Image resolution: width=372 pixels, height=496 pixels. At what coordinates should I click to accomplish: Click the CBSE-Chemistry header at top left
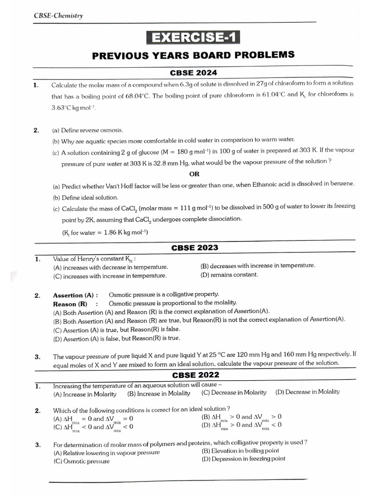pos(58,15)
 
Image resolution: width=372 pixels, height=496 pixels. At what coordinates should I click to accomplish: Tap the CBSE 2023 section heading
pos(195,248)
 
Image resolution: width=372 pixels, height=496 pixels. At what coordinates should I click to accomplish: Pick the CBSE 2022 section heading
pos(196,375)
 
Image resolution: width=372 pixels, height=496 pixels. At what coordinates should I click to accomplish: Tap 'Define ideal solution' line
pos(85,197)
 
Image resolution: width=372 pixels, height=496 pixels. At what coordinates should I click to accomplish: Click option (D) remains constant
pos(229,275)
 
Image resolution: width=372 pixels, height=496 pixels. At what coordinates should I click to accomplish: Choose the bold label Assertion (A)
pos(75,294)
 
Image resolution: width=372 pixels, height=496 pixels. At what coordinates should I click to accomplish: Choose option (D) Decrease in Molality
pos(307,392)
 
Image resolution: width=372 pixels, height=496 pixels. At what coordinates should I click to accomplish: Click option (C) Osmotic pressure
pos(81,461)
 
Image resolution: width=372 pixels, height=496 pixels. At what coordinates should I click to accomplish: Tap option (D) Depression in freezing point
pos(243,459)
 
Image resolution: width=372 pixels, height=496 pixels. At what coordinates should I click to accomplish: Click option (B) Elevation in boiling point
pos(240,450)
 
